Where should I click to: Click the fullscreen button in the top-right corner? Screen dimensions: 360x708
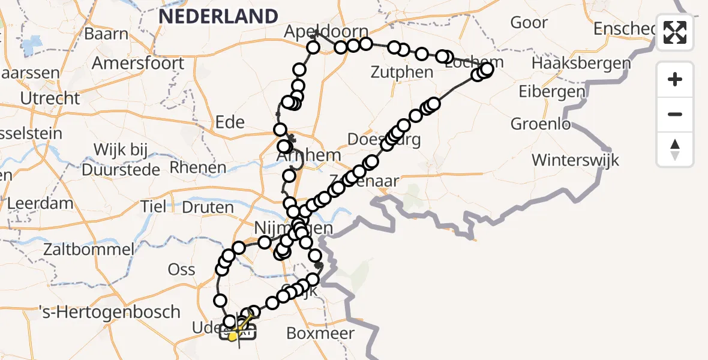pyautogui.click(x=675, y=32)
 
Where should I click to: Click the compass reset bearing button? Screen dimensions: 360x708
pyautogui.click(x=675, y=149)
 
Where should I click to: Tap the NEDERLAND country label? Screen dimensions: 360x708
pyautogui.click(x=218, y=16)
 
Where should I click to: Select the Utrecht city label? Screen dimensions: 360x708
pyautogui.click(x=50, y=98)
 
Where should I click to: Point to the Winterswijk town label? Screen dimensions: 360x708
pyautogui.click(x=575, y=160)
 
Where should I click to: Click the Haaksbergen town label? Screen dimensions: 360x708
pyautogui.click(x=581, y=63)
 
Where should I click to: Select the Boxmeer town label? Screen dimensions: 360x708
pyautogui.click(x=320, y=333)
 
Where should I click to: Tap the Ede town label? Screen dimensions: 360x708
pyautogui.click(x=229, y=122)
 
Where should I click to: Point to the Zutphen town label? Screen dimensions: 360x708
pyautogui.click(x=401, y=73)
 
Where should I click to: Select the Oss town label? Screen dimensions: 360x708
pyautogui.click(x=181, y=269)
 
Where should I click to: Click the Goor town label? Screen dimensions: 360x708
pyautogui.click(x=529, y=23)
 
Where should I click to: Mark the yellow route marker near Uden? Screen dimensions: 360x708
pyautogui.click(x=232, y=337)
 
